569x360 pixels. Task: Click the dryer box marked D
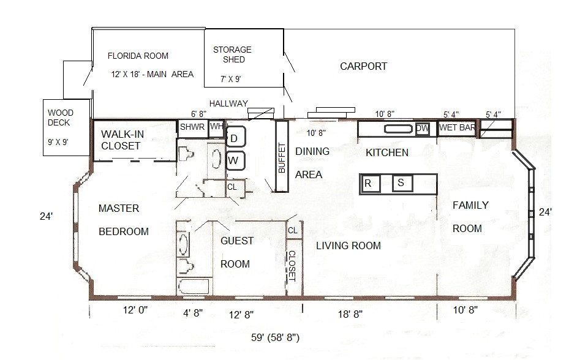coord(236,136)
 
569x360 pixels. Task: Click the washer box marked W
coord(236,161)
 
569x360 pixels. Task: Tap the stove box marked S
coord(402,183)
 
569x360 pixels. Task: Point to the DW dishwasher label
coord(423,128)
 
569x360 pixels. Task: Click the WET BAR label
coord(457,128)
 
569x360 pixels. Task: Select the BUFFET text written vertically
coord(282,157)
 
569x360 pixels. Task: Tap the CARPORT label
coord(363,66)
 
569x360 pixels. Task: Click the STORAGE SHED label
coord(232,54)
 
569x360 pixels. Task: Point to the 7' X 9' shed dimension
coord(231,79)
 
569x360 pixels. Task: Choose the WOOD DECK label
coord(60,118)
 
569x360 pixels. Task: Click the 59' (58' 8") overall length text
coord(275,337)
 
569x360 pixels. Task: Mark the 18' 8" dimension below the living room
coord(350,314)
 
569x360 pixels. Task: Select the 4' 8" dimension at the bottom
coord(193,312)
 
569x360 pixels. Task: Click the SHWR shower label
coord(192,127)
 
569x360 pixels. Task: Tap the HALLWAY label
coord(228,103)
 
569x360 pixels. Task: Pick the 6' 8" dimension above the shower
coord(198,114)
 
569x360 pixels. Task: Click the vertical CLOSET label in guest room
coord(292,266)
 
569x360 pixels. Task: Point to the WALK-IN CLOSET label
coord(122,140)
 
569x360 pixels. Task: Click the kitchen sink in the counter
coord(399,129)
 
